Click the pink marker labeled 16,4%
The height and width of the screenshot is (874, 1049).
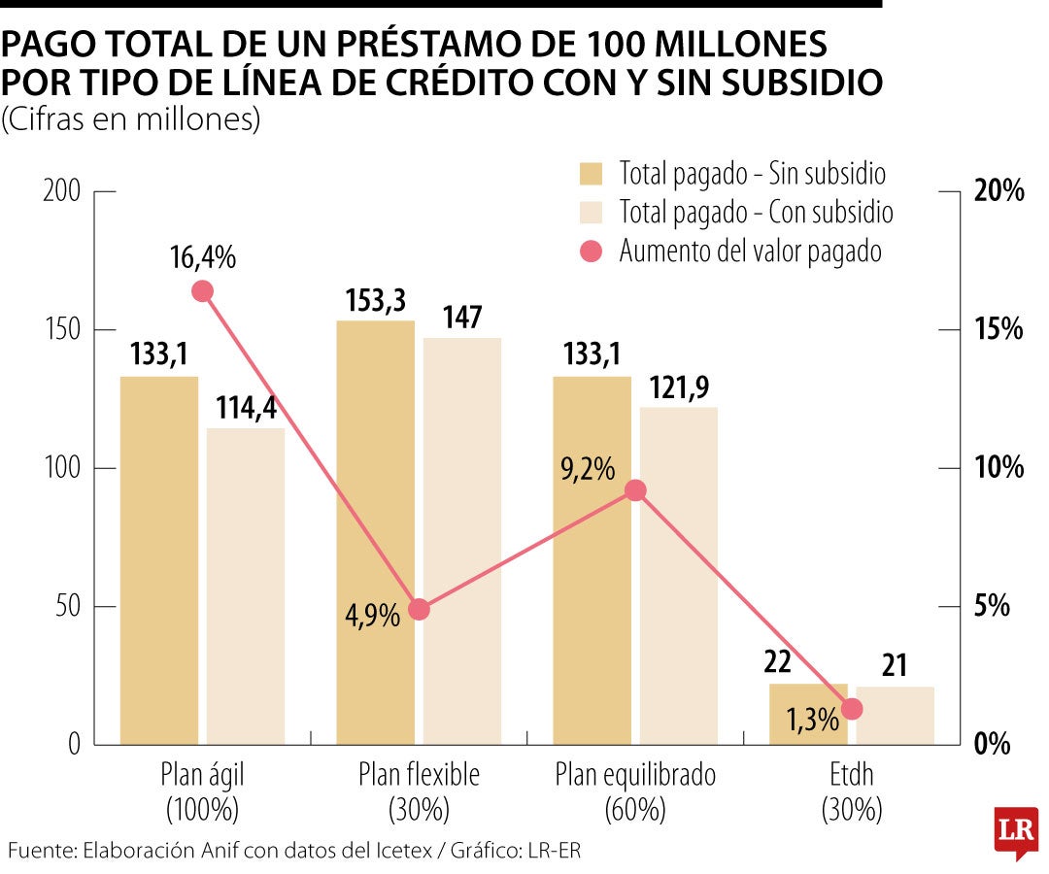[203, 291]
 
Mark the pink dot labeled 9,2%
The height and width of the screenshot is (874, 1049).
[635, 490]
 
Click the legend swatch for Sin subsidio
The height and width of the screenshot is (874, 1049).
[592, 174]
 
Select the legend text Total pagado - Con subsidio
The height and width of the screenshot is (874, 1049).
[756, 212]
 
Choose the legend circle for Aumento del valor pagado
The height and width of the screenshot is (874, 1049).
[592, 252]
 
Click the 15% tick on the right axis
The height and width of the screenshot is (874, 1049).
[998, 330]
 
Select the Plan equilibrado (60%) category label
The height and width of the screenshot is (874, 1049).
[635, 790]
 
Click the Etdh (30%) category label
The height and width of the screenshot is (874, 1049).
[851, 790]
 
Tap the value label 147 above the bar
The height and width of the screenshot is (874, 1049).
[461, 318]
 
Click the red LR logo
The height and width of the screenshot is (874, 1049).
[1016, 831]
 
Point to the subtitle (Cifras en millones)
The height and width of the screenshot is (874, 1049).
[131, 120]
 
